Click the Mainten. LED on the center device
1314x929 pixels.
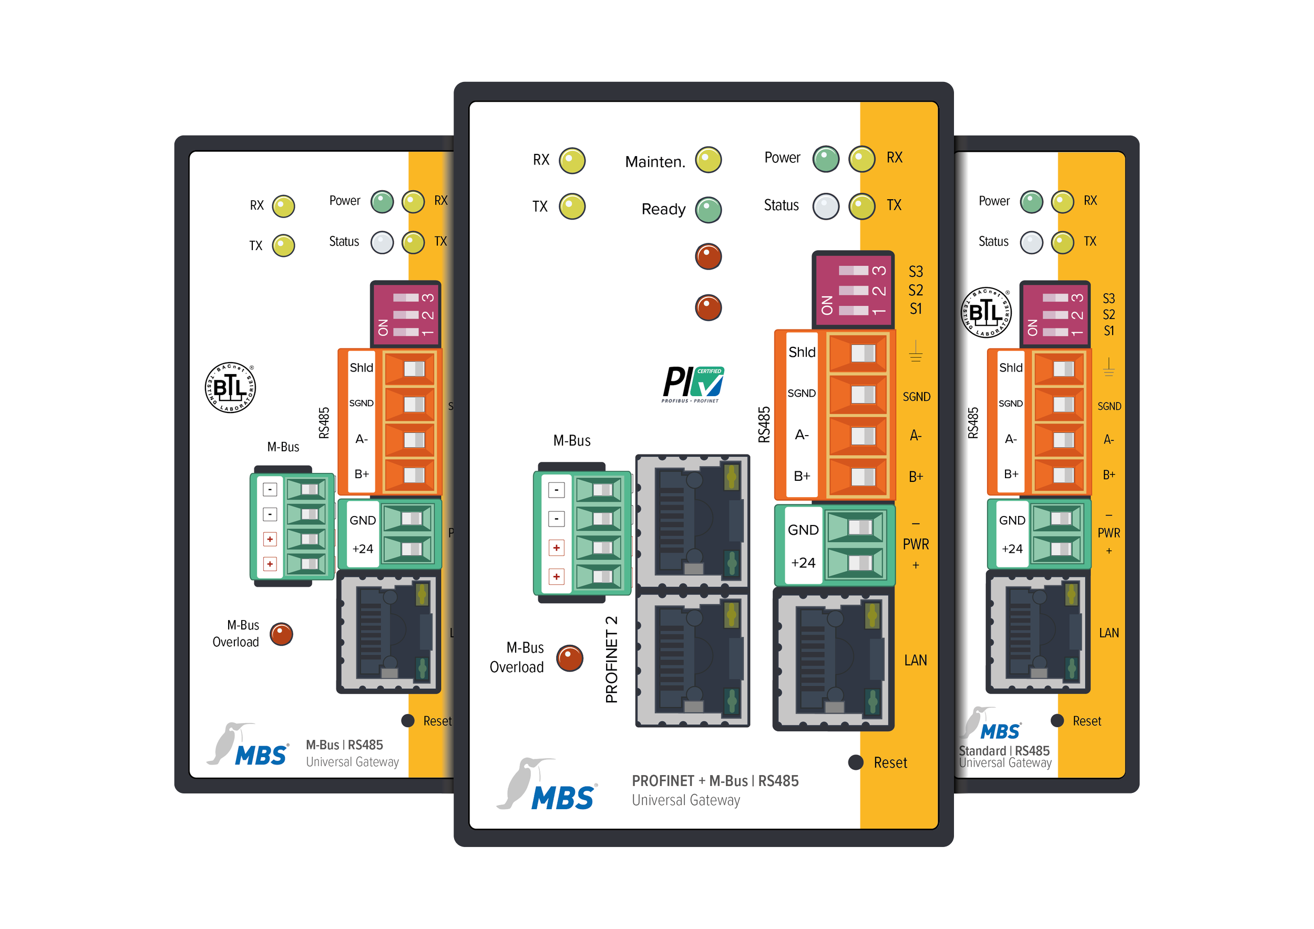[x=708, y=160]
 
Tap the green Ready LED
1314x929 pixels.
[x=708, y=210]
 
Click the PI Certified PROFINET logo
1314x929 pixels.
[x=693, y=384]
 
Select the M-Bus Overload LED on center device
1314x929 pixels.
[x=569, y=658]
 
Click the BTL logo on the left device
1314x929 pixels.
[x=230, y=387]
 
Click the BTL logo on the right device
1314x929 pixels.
[x=985, y=312]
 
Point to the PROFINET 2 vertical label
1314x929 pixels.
[x=611, y=659]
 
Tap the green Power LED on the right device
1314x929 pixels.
[x=1031, y=202]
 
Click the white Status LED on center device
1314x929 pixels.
[x=826, y=207]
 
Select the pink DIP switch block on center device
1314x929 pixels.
[x=853, y=290]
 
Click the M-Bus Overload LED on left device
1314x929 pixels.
[x=281, y=634]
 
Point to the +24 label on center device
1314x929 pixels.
[x=803, y=563]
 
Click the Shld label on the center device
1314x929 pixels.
[x=802, y=353]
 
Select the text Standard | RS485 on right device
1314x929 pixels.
[x=1004, y=750]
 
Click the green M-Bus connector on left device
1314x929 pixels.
[x=292, y=527]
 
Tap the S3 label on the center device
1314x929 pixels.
[x=916, y=271]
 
